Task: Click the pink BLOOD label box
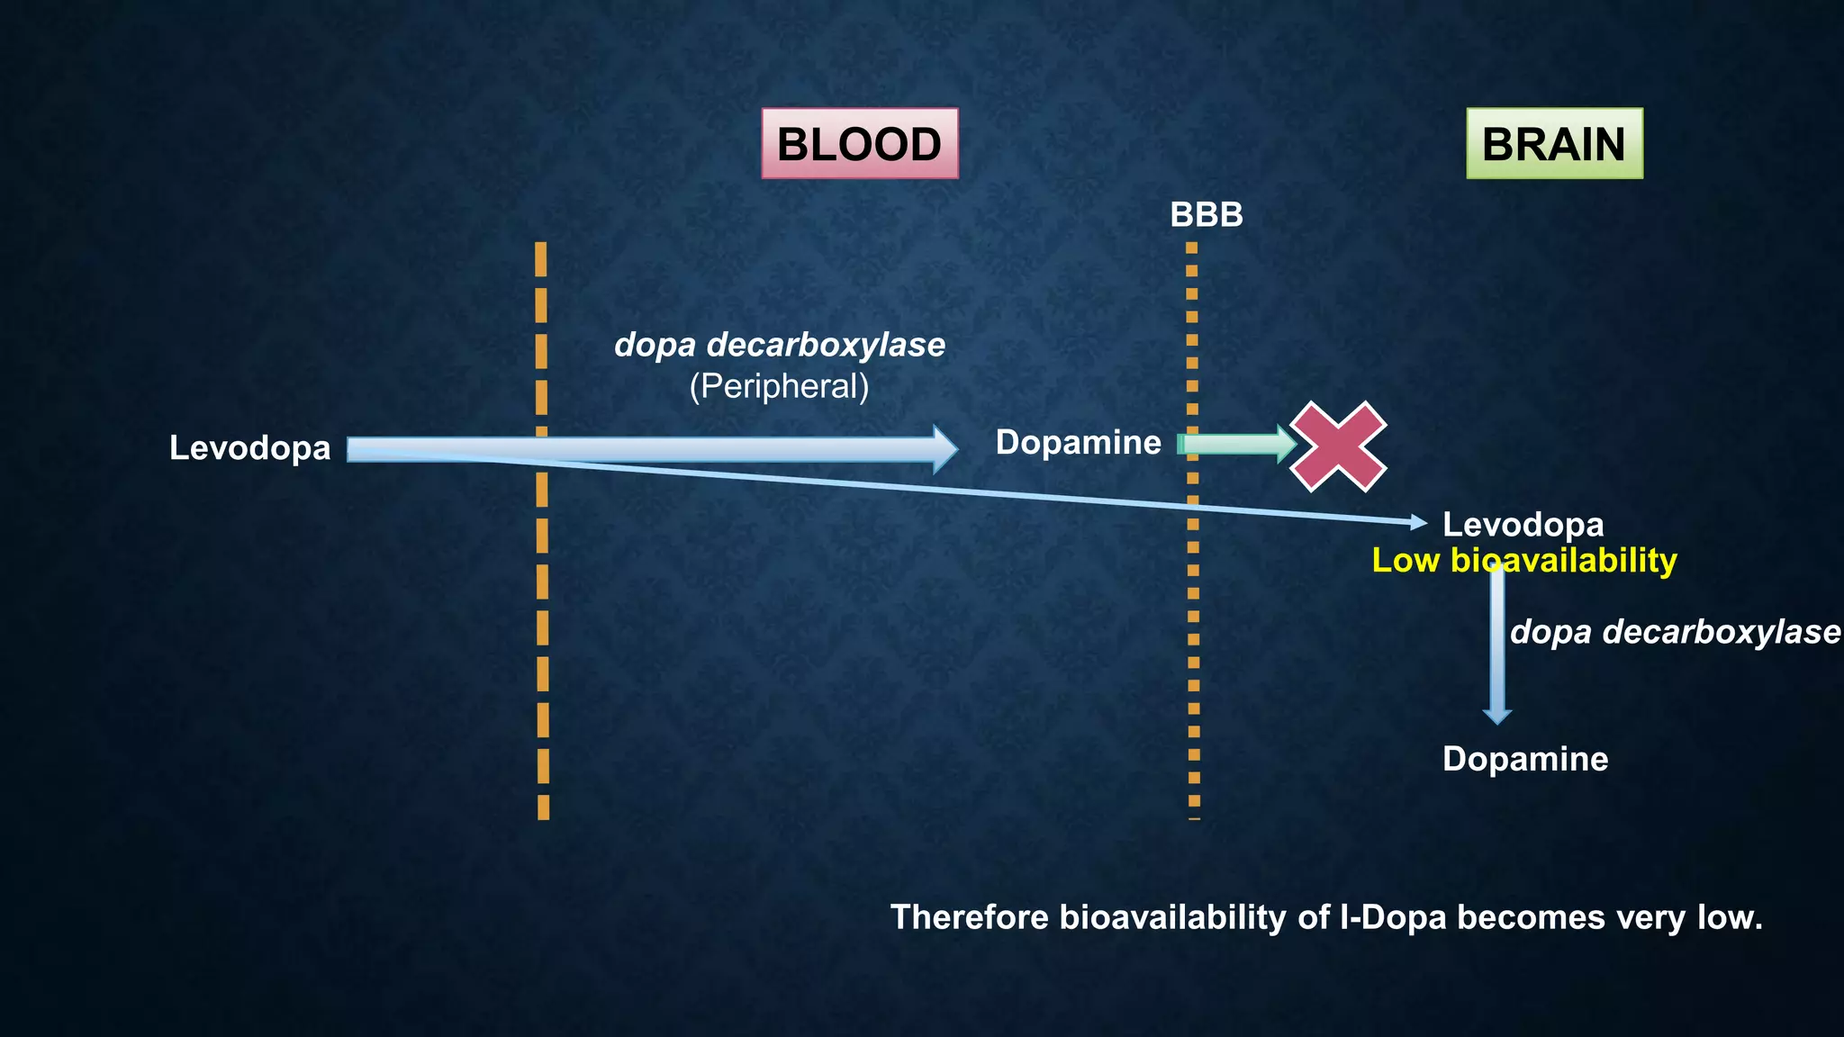tap(859, 144)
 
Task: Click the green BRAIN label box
tap(1554, 144)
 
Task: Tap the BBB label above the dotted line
tap(1206, 215)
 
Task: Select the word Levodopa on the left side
tap(249, 448)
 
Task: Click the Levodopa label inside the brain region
tap(1523, 525)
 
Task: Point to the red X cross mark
tap(1338, 446)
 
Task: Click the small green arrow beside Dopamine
tap(1237, 444)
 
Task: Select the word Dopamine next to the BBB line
tap(1078, 443)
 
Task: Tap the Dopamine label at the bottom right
tap(1524, 759)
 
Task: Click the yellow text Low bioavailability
tap(1523, 561)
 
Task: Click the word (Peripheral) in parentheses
tap(779, 386)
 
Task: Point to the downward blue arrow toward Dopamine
tap(1496, 648)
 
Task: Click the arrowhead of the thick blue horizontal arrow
tap(945, 449)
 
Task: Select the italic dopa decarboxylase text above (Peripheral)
tap(779, 345)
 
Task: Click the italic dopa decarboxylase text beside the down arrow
tap(1675, 632)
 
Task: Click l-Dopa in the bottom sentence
tap(1393, 917)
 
